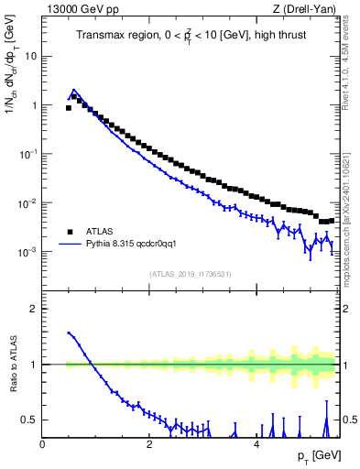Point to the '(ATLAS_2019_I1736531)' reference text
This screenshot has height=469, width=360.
click(191, 273)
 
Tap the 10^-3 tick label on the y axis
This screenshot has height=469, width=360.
click(27, 251)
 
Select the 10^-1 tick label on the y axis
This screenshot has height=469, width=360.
click(27, 153)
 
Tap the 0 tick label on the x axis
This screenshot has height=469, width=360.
click(43, 444)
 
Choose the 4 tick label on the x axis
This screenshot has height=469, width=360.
click(256, 444)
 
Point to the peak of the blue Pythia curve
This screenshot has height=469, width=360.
click(74, 90)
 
